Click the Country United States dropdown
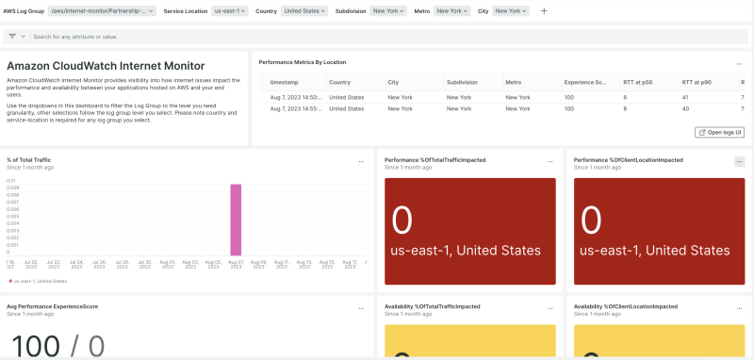coord(305,10)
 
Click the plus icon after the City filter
coord(544,10)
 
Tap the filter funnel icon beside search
coord(12,37)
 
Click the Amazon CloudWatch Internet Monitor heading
coord(106,66)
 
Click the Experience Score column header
coord(585,82)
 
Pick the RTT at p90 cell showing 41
coord(685,97)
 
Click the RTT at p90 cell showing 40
coord(685,110)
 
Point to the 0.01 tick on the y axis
coord(11,180)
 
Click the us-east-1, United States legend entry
coord(38,281)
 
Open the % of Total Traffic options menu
coord(361,162)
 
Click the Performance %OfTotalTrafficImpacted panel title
coord(435,160)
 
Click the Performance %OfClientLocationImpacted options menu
coord(739,162)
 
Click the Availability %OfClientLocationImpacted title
coord(626,306)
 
